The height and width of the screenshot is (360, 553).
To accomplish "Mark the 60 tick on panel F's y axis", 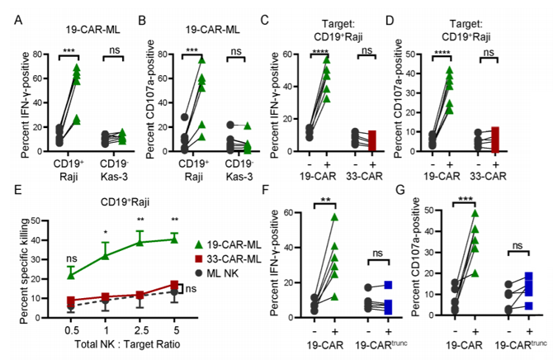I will coord(291,212).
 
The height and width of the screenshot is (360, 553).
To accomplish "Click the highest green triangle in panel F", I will coord(333,217).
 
